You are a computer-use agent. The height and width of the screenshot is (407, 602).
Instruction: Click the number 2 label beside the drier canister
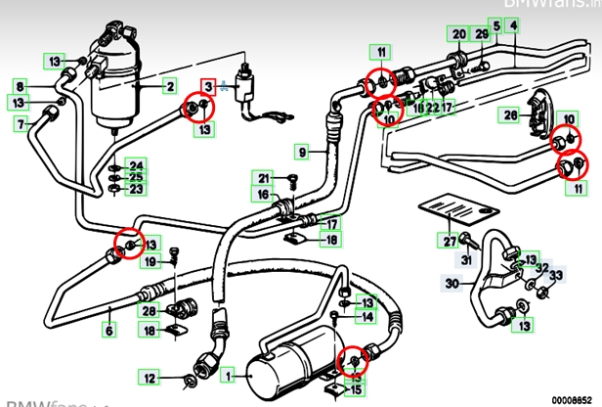(169, 87)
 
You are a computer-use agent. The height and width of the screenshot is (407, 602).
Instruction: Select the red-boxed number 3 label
(206, 87)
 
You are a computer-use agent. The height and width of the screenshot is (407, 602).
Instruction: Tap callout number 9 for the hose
(303, 152)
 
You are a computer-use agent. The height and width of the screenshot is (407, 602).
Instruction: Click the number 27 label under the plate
(450, 241)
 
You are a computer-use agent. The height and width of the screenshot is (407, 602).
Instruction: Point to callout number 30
(451, 284)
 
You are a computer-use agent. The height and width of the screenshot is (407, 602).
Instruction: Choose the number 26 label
(510, 115)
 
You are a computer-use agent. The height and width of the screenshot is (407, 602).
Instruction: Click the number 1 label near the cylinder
(229, 375)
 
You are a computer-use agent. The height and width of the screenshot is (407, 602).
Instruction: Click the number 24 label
(136, 163)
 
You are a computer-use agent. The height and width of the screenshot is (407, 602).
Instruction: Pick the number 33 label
(555, 278)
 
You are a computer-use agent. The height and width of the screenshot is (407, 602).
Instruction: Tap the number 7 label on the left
(20, 124)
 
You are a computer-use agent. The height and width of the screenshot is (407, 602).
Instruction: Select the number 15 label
(357, 390)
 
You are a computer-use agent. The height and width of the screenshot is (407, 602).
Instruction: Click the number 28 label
(149, 311)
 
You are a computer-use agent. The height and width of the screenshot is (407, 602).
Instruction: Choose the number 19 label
(150, 262)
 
